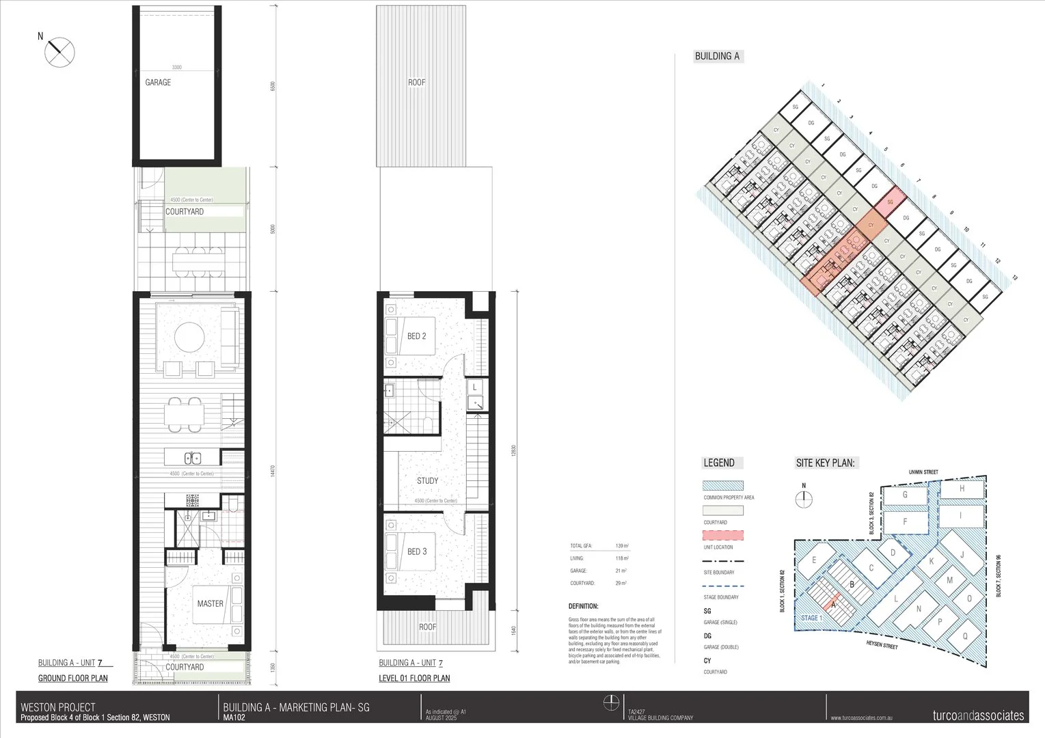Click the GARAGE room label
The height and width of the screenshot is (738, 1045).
pos(158,83)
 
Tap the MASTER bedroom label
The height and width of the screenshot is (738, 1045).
pos(210,603)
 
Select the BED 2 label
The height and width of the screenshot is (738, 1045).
pos(416,336)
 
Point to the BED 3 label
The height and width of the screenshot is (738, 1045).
pos(416,551)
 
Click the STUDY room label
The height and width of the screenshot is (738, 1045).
pos(427,480)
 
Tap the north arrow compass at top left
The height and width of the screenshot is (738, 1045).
pos(59,52)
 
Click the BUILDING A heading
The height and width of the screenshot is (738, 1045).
pos(718,57)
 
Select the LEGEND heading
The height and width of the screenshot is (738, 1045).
pos(718,463)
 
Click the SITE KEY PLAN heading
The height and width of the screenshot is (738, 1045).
pos(825,463)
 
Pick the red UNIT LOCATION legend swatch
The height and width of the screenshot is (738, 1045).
pos(723,535)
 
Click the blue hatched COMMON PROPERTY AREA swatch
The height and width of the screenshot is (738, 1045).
pos(723,485)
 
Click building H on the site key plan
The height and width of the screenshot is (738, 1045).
pos(962,489)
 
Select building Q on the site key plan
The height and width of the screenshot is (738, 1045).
pos(964,635)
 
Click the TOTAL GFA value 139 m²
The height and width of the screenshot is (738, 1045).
pos(622,546)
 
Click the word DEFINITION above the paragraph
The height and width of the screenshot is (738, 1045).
pos(583,606)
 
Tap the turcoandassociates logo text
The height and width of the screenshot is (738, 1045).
pos(978,715)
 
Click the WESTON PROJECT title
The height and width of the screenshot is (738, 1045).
pos(58,707)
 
